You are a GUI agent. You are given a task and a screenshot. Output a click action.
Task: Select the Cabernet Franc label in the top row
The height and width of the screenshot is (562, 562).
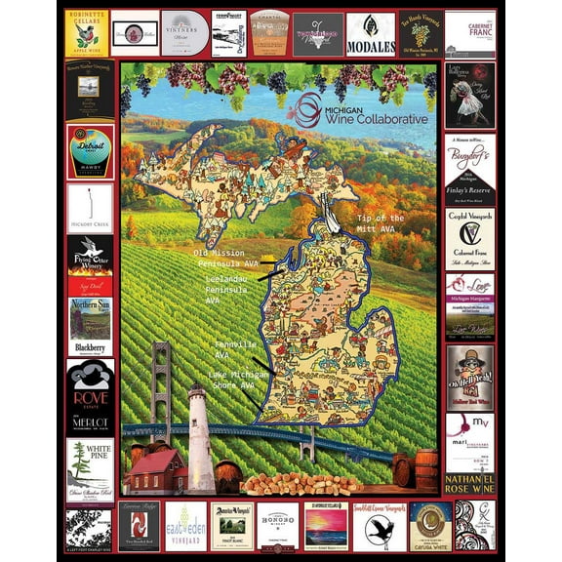pos(469,33)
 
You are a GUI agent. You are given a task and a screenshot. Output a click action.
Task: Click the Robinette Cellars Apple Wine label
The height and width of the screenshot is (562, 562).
pos(86,32)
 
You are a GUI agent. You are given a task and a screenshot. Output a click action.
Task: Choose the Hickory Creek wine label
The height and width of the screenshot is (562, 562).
pos(90,211)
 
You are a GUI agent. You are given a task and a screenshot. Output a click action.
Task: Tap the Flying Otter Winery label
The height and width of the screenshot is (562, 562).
pos(90,263)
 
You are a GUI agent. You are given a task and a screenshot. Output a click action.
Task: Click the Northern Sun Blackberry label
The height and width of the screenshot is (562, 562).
pos(90,327)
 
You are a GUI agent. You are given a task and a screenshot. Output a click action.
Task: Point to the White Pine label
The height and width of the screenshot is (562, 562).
pos(90,468)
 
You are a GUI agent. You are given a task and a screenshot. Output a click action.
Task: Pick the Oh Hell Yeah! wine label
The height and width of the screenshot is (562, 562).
pos(469,377)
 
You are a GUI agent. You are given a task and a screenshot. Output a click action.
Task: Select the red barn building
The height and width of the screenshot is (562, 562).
pos(155,471)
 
